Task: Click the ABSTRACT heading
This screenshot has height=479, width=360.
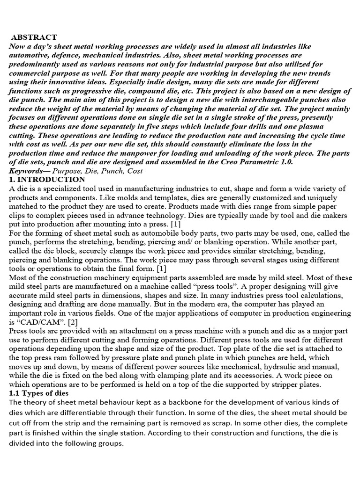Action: [x=34, y=37]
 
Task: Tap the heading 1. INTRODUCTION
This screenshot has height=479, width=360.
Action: [x=47, y=180]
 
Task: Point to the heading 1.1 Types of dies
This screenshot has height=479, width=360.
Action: [x=38, y=393]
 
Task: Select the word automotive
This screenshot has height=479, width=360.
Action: [x=28, y=55]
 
